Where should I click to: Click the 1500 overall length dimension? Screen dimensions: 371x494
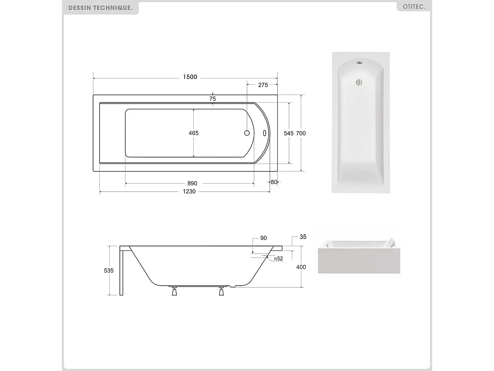(190, 77)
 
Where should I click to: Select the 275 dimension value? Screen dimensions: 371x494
(263, 85)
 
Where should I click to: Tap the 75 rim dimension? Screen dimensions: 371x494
(213, 99)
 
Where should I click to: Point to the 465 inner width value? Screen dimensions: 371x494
(194, 133)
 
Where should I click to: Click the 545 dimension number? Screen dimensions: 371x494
(289, 133)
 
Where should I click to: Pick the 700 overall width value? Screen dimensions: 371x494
(301, 133)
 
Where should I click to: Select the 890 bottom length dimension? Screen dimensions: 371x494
(192, 183)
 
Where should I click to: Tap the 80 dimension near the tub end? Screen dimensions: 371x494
(274, 182)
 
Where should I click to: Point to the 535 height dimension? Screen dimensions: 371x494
(109, 270)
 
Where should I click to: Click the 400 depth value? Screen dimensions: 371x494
(301, 267)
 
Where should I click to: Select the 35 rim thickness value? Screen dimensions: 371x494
(303, 237)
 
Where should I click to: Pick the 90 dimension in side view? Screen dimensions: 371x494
(264, 238)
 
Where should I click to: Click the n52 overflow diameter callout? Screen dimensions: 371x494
(278, 259)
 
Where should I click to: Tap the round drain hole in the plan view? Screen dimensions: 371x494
(247, 133)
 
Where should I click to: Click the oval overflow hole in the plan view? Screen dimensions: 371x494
(265, 133)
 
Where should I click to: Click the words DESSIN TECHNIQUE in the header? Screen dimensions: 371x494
(101, 8)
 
